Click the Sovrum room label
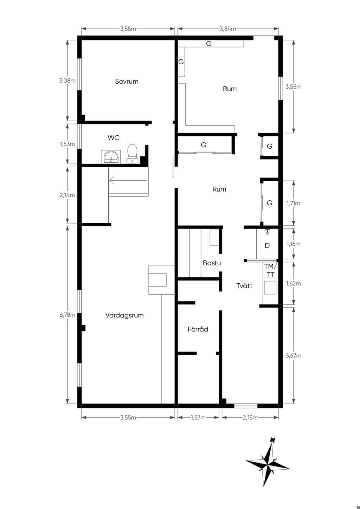coord(127,81)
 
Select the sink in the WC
coord(111,156)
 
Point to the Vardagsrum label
coord(124,315)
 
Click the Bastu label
coord(212,263)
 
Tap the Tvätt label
coord(244,286)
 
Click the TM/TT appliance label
coord(270,270)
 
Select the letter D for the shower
coord(267,246)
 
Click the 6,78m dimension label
coord(67,315)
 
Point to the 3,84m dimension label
coord(228,29)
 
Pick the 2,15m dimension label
coord(250,417)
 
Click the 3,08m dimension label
coord(67,80)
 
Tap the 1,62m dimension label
coord(294,283)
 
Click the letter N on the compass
coord(272,440)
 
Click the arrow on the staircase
coord(128,180)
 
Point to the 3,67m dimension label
coord(294,356)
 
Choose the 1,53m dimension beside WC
coord(67,144)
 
